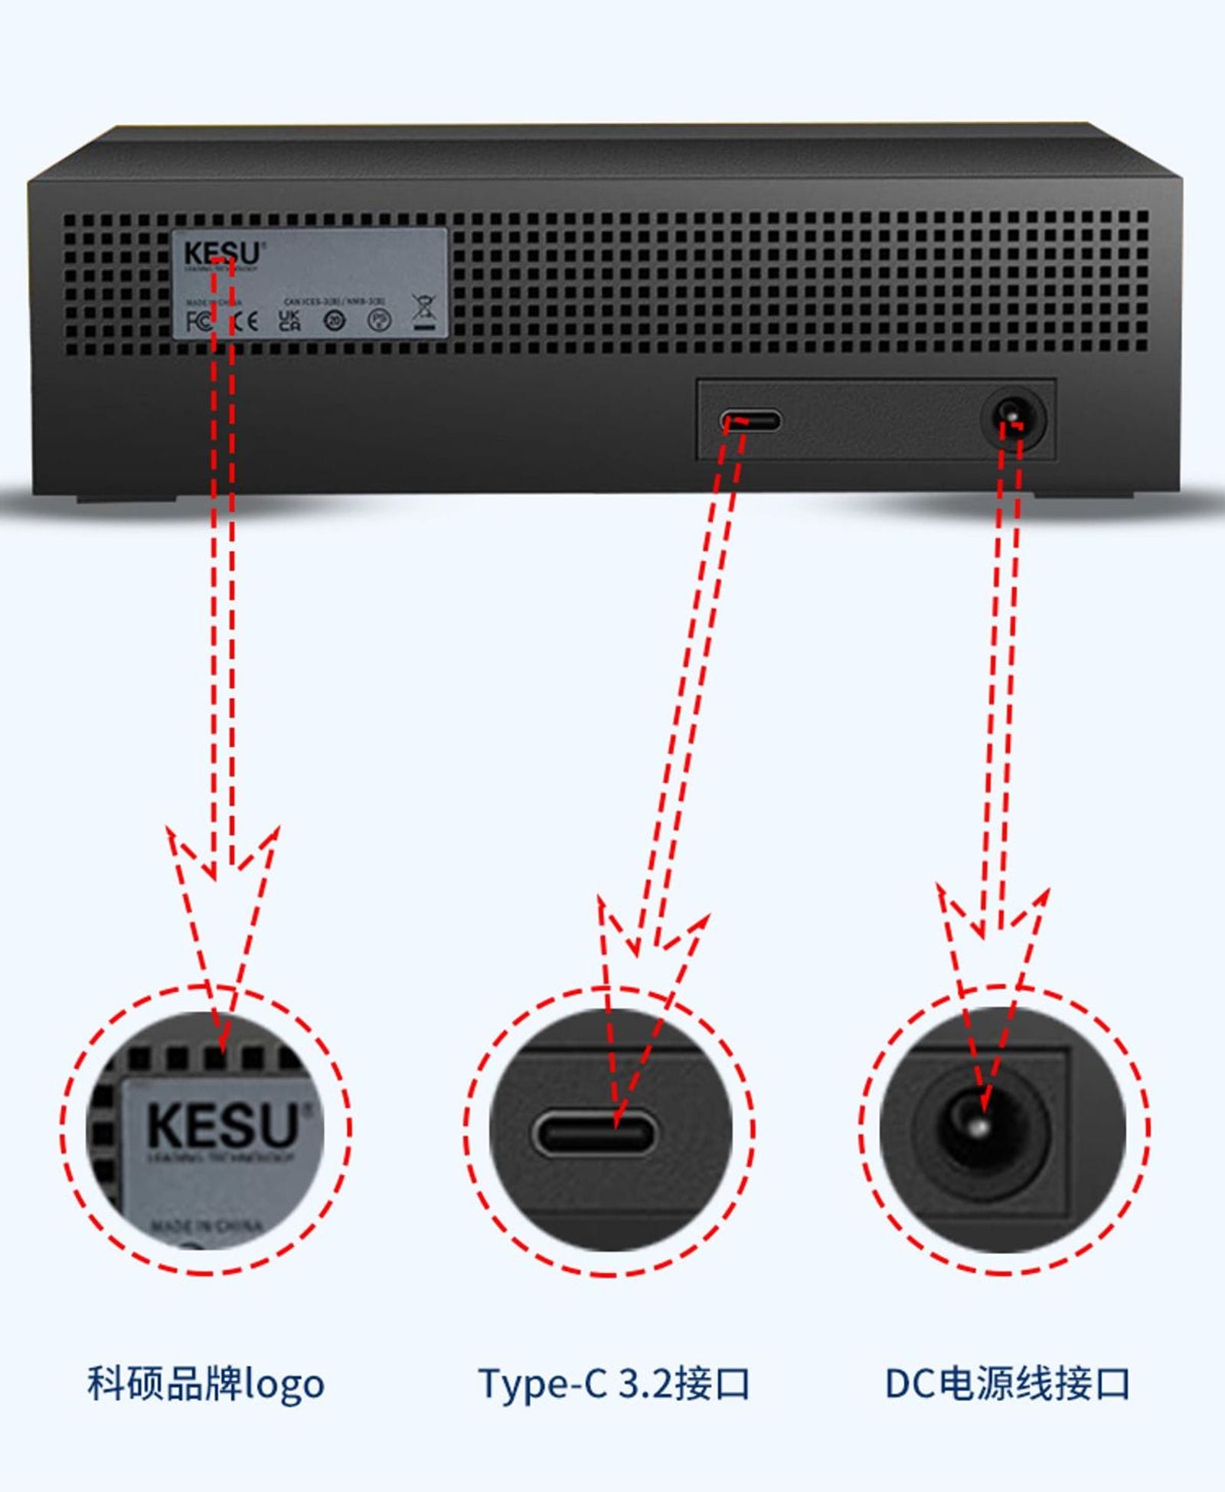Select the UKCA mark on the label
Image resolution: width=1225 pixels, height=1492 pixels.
tap(289, 320)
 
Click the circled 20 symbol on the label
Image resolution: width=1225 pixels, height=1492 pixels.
tap(335, 321)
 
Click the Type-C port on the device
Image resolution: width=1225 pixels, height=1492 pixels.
tap(750, 421)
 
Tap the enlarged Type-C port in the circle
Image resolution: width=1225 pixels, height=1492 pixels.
tap(594, 1133)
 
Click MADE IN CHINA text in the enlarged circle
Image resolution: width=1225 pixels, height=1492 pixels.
tap(207, 1226)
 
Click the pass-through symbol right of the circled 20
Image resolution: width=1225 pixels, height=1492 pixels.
tap(380, 320)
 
